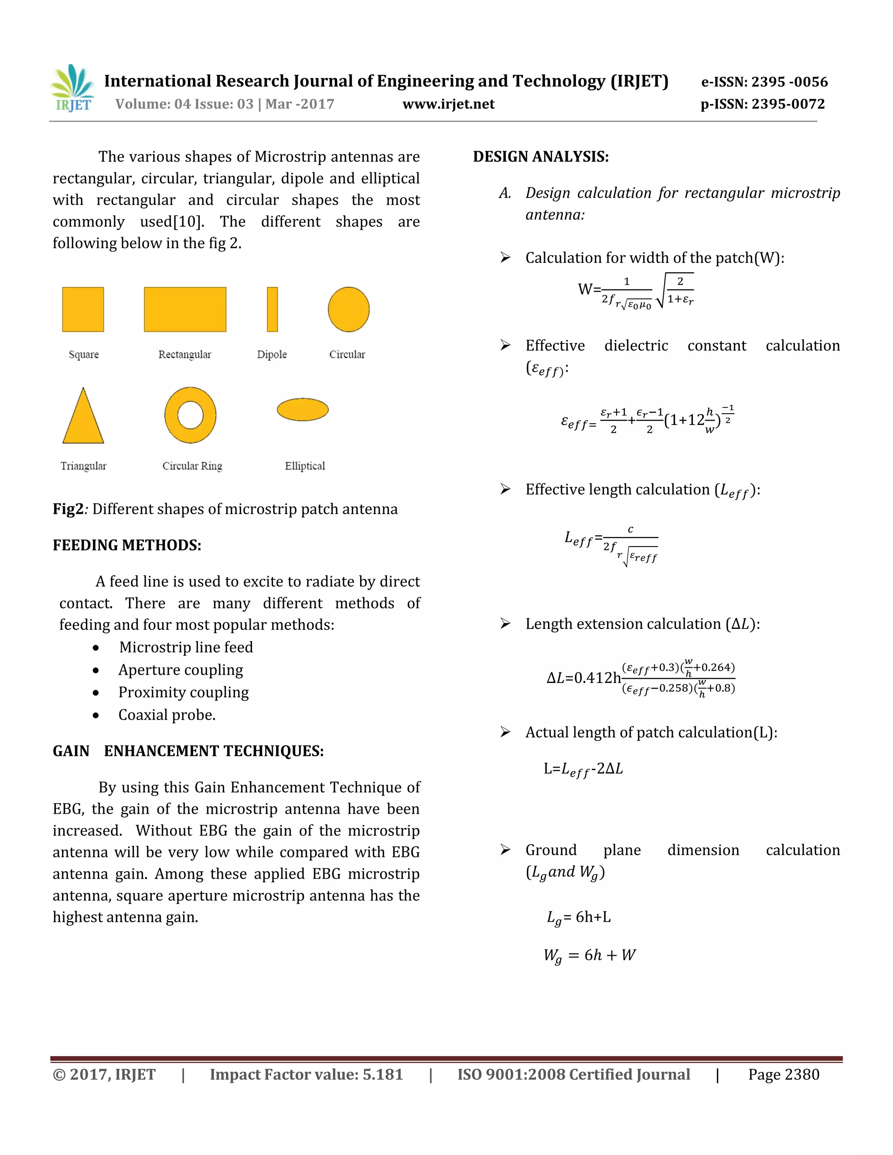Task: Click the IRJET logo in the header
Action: click(73, 88)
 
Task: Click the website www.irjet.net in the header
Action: click(448, 104)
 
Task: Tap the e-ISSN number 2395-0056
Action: click(764, 82)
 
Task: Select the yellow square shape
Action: click(83, 309)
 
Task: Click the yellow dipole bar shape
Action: click(272, 309)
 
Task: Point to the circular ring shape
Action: click(191, 415)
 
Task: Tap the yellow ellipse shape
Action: click(303, 409)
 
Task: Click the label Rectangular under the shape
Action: click(184, 354)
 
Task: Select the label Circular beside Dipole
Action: click(347, 354)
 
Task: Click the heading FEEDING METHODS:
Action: click(127, 545)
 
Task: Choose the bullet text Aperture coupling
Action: click(181, 669)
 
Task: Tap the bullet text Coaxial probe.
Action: click(167, 715)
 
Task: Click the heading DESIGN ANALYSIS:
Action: click(541, 156)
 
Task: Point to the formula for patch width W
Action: click(635, 291)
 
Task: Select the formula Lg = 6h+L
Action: click(579, 917)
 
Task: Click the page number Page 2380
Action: click(783, 1075)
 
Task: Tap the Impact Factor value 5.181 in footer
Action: click(306, 1075)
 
